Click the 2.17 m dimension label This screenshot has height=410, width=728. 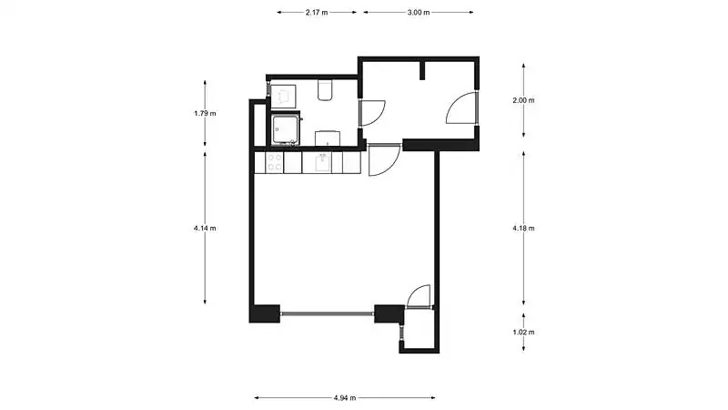point(317,13)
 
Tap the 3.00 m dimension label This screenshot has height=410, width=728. point(419,13)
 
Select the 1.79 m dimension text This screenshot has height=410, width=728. point(205,113)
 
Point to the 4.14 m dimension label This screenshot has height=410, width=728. point(205,229)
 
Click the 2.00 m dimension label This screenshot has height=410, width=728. point(523,100)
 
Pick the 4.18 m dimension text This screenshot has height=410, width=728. point(523,229)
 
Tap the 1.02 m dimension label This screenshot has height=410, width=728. point(523,333)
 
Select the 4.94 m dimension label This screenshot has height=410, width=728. point(345,398)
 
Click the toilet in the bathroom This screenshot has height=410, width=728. point(325,90)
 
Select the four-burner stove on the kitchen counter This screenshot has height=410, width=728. point(275,162)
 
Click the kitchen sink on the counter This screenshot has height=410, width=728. point(323,163)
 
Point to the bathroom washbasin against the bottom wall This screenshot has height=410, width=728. point(328,138)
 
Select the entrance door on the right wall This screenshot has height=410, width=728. point(461,108)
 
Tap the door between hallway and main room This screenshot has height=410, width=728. point(384,160)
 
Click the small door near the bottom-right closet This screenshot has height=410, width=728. point(419,296)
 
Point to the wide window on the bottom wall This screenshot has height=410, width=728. point(328,314)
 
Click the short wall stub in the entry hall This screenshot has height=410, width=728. point(422,70)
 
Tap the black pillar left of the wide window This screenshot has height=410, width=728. point(265,313)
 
